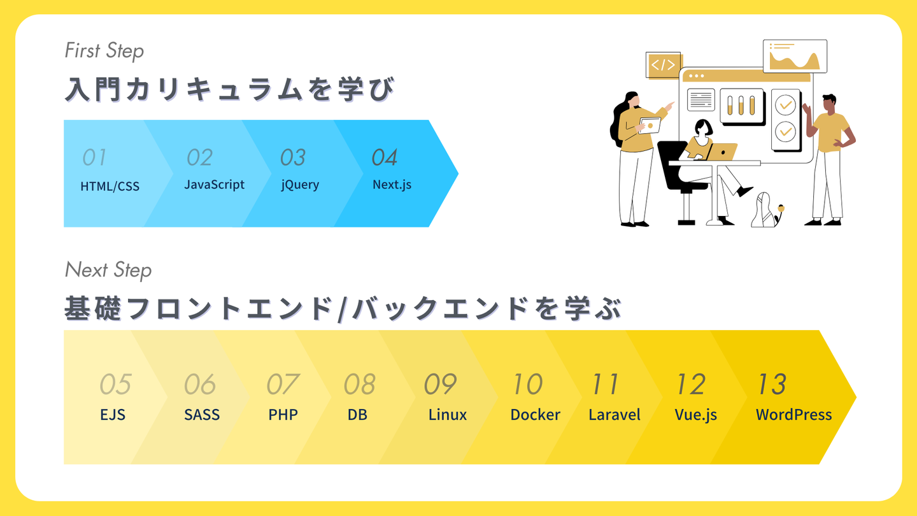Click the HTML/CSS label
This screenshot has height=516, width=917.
point(110,187)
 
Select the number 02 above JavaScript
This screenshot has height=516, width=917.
point(199,157)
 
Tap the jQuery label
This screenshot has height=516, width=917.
point(300,185)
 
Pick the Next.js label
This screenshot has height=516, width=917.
point(392,185)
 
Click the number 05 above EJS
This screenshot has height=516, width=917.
point(115,384)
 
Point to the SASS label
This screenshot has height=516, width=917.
point(202,415)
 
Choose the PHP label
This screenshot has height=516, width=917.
point(283,415)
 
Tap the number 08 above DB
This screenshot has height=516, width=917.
point(359,384)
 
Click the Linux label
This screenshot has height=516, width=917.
point(447,415)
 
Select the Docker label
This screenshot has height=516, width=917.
point(535,415)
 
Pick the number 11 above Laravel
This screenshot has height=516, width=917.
point(605,384)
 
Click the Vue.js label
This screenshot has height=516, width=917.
point(695,415)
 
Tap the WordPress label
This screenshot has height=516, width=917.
point(793,415)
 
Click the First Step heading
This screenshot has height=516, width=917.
point(104,51)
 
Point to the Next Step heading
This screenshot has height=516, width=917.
point(108,270)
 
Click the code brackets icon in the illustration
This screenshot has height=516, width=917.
point(663,65)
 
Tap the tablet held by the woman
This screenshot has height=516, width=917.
point(650,125)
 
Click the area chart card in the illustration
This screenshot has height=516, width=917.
point(795,56)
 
